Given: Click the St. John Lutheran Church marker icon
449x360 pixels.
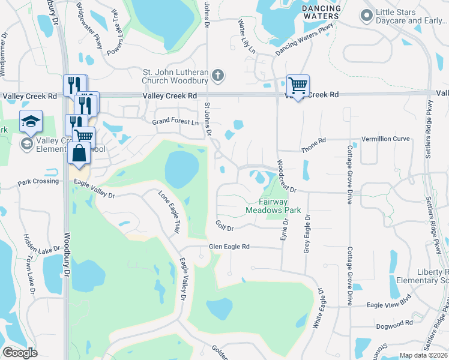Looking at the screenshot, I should pyautogui.click(x=218, y=76).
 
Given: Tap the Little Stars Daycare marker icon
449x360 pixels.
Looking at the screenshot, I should pyautogui.click(x=366, y=15).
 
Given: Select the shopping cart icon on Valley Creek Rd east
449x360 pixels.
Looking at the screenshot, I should pyautogui.click(x=297, y=86).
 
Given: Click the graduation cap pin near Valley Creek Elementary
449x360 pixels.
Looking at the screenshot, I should pyautogui.click(x=31, y=122).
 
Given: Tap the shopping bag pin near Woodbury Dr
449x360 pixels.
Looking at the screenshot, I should pyautogui.click(x=79, y=153).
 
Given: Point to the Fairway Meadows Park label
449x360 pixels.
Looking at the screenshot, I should pyautogui.click(x=272, y=206).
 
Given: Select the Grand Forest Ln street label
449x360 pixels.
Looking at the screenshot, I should pyautogui.click(x=175, y=122).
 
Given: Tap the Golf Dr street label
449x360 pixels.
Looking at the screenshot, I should pyautogui.click(x=224, y=226).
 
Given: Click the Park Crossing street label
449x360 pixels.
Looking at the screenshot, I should pyautogui.click(x=38, y=181).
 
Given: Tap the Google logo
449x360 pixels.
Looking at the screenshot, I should pyautogui.click(x=20, y=353).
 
